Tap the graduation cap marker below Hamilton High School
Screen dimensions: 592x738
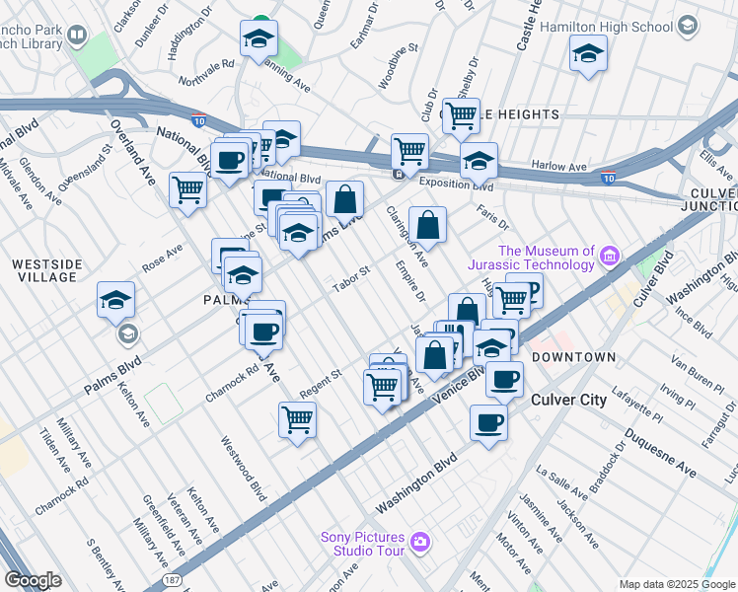pyautogui.click(x=588, y=54)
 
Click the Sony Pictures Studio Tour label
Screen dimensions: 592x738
pyautogui.click(x=362, y=544)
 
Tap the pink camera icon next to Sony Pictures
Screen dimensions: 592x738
pyautogui.click(x=420, y=541)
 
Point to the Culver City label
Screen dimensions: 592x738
pyautogui.click(x=568, y=400)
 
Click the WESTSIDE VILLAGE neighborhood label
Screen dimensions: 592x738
pyautogui.click(x=43, y=270)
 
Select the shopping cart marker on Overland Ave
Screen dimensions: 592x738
pyautogui.click(x=187, y=189)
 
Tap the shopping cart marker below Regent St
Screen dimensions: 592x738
pyautogui.click(x=297, y=420)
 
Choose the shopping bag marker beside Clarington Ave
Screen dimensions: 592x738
pyautogui.click(x=427, y=225)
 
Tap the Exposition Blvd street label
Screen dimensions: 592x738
pyautogui.click(x=455, y=184)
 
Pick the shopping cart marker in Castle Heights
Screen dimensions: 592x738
pyautogui.click(x=461, y=115)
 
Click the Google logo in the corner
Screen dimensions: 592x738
pyautogui.click(x=33, y=580)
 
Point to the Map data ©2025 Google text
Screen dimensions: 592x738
pyautogui.click(x=676, y=584)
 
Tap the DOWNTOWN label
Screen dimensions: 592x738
pyautogui.click(x=573, y=356)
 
